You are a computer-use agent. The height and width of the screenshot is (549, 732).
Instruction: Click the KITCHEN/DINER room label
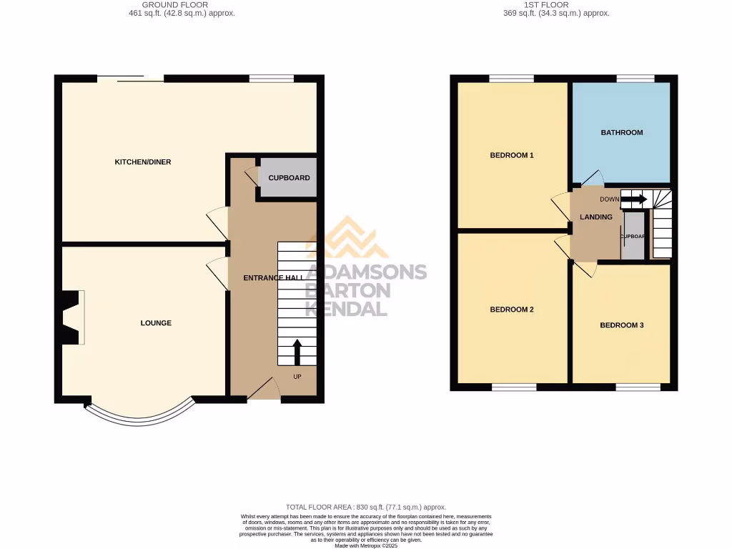(143, 162)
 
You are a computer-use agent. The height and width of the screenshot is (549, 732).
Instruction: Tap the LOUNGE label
(156, 323)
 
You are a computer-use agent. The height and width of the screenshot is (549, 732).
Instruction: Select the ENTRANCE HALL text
(273, 278)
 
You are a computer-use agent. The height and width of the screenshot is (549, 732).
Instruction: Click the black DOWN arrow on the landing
(633, 199)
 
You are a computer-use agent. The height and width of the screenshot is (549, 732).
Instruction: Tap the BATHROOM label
(621, 132)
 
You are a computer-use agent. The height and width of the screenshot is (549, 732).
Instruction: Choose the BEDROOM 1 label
(512, 155)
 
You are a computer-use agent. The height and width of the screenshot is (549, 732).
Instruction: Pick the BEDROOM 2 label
(512, 310)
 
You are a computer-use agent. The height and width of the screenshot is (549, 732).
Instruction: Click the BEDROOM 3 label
(621, 325)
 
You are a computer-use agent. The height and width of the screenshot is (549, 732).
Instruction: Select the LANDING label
(595, 217)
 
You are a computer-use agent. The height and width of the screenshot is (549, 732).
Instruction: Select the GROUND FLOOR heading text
(175, 5)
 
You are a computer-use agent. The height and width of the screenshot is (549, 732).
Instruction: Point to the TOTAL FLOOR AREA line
(365, 507)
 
